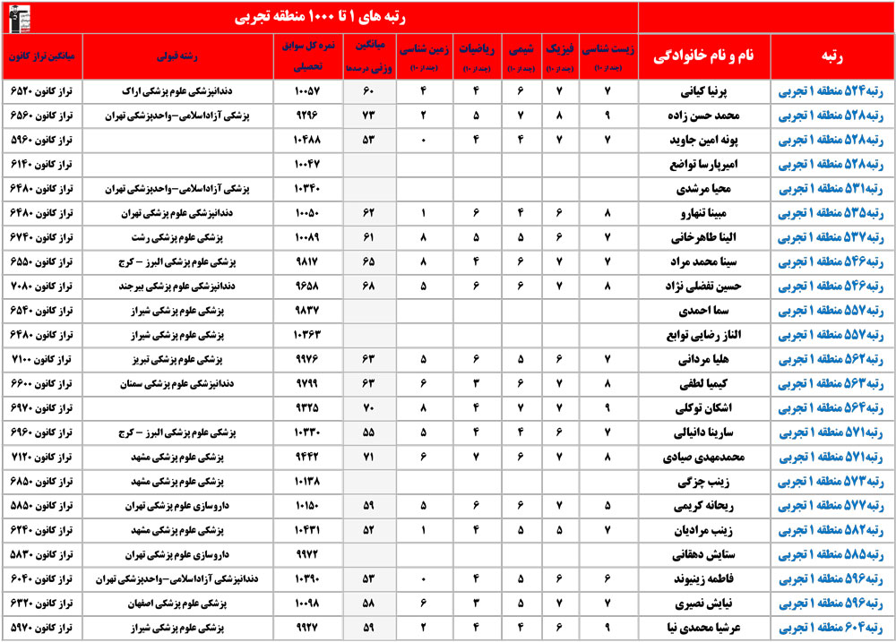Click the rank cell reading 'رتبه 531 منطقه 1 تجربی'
(832, 190)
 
